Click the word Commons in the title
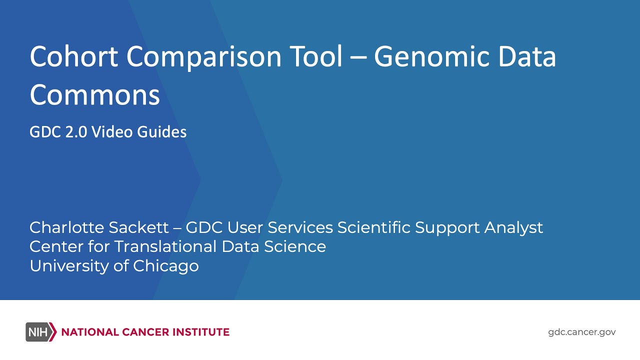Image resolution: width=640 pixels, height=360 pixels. click(x=94, y=95)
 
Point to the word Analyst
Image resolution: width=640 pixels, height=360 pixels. click(x=513, y=228)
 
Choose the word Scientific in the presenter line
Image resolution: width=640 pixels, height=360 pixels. click(x=373, y=227)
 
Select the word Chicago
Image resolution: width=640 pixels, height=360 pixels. click(x=166, y=266)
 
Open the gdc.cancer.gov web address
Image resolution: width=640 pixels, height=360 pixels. click(x=582, y=332)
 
